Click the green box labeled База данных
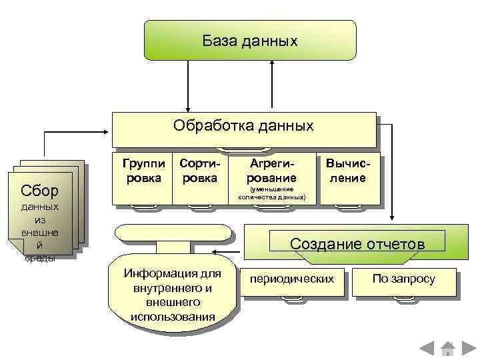coord(250,41)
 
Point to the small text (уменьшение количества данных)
coord(272,194)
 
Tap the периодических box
coord(291,279)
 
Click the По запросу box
coord(403,279)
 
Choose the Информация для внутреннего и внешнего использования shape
coord(173,293)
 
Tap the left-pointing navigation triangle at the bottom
coord(427,347)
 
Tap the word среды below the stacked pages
coord(39,259)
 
